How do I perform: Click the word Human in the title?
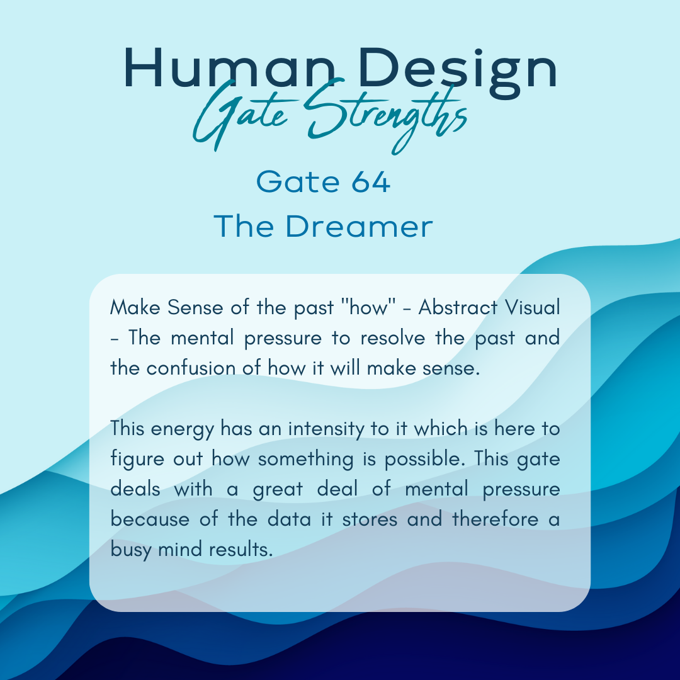tap(229, 68)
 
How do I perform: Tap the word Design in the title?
tap(458, 72)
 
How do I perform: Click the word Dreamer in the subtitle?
tap(359, 226)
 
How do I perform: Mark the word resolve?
tap(393, 338)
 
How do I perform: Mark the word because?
tap(150, 519)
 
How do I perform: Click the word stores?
tap(370, 519)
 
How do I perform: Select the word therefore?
tap(496, 519)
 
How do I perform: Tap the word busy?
tap(130, 550)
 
